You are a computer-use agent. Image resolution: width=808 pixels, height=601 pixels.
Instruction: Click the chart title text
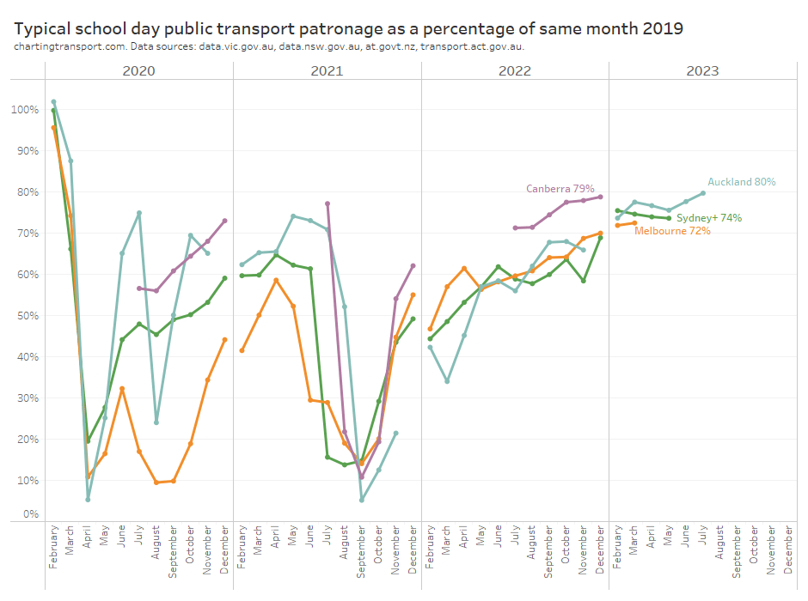click(x=349, y=28)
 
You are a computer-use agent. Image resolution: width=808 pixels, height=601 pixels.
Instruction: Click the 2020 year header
click(x=139, y=70)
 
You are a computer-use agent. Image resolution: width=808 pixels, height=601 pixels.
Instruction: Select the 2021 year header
click(x=327, y=70)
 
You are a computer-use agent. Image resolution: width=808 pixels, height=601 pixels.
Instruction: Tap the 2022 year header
click(x=515, y=70)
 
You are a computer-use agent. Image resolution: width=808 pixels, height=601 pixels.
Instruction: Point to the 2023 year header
click(x=702, y=70)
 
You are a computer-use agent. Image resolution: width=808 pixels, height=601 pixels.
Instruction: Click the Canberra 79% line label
click(x=560, y=188)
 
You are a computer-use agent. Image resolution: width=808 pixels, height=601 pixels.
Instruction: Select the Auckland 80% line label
click(x=741, y=182)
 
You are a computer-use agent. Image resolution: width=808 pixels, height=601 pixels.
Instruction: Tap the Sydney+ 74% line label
click(x=709, y=218)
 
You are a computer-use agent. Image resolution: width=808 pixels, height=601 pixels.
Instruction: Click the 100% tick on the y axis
click(x=26, y=110)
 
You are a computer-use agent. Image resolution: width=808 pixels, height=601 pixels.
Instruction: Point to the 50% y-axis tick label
click(x=28, y=316)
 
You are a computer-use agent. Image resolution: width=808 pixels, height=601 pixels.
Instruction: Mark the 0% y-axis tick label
click(x=31, y=514)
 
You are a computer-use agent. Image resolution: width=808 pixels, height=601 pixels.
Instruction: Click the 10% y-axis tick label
click(x=28, y=480)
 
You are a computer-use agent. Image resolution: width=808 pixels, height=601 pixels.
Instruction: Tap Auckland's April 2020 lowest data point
click(x=88, y=500)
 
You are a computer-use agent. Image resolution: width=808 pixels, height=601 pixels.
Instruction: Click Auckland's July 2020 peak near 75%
click(x=138, y=213)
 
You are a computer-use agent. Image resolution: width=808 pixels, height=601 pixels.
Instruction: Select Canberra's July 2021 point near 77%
click(x=327, y=203)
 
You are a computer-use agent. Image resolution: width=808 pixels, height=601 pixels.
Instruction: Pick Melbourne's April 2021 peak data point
click(x=276, y=281)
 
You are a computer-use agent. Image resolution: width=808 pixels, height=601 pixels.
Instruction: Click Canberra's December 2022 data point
click(x=600, y=197)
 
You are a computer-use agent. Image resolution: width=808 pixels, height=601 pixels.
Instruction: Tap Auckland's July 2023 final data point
click(x=702, y=193)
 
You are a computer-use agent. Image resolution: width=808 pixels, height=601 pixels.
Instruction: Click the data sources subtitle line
click(x=269, y=46)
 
